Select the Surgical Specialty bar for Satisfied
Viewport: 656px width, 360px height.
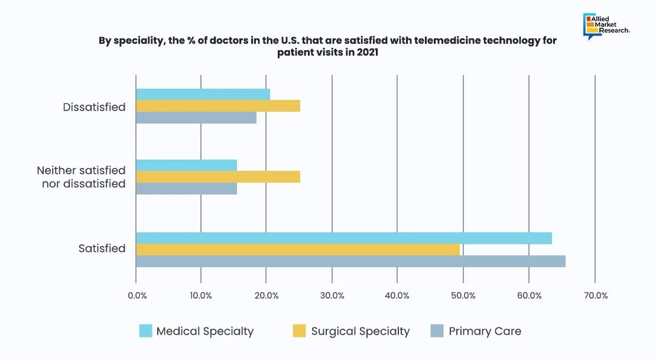(x=298, y=249)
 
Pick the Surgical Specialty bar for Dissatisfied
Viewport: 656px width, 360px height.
(x=218, y=106)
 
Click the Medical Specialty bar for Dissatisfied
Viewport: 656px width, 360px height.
(x=203, y=95)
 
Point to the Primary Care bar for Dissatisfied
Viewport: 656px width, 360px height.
(x=196, y=118)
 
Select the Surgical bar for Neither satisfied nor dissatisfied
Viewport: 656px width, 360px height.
(x=218, y=177)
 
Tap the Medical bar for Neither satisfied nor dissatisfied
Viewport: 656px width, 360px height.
(x=186, y=166)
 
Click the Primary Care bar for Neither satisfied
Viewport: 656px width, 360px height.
(x=186, y=189)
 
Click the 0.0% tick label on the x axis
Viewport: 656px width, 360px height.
(x=137, y=296)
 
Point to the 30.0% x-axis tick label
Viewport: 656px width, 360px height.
(x=332, y=296)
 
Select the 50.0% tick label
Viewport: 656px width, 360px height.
(x=463, y=296)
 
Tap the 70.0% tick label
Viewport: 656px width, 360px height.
(x=595, y=296)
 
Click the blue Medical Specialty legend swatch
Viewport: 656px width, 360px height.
(x=145, y=331)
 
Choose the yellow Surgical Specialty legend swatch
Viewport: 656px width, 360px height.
(x=300, y=331)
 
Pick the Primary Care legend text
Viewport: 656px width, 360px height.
(x=485, y=331)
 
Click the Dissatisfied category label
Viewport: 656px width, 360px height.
(x=95, y=107)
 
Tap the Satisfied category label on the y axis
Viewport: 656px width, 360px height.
(x=102, y=248)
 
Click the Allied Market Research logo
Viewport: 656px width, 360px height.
(x=606, y=27)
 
